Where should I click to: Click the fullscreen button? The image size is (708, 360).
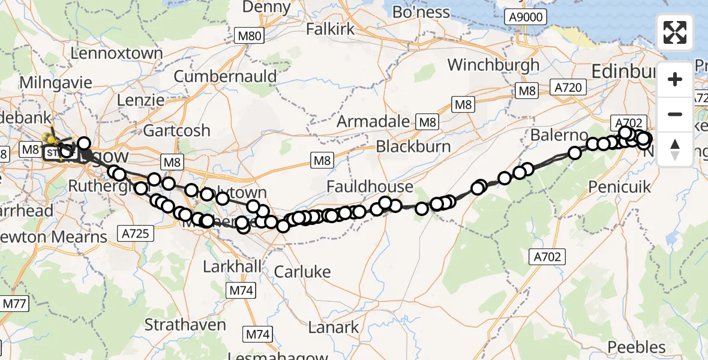676,32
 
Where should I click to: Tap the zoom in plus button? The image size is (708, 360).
676,79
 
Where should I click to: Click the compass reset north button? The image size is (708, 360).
676,149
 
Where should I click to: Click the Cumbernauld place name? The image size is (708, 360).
225,77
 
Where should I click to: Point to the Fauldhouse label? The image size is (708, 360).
370,187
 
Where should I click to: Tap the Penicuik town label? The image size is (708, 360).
620,187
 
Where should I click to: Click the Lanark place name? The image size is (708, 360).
333,328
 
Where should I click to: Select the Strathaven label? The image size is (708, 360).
185,325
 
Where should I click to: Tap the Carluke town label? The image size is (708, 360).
302,272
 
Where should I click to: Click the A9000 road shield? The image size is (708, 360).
523,17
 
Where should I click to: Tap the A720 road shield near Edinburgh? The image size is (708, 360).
568,88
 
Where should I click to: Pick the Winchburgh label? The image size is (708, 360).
493,65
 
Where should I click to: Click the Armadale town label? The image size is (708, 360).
373,121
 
